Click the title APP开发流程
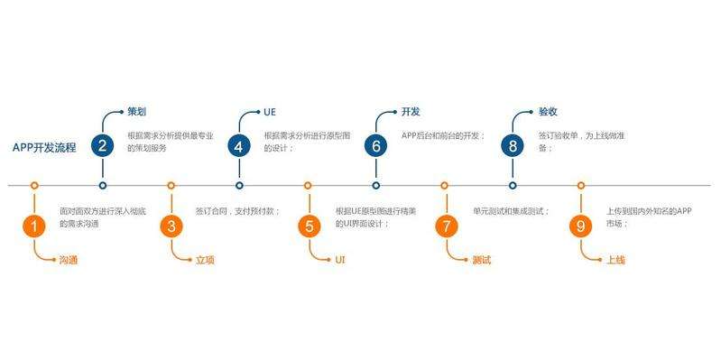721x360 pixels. click(x=44, y=146)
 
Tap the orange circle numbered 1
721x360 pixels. click(x=33, y=226)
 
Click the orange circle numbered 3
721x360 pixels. click(x=171, y=226)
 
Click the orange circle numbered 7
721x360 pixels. click(x=445, y=226)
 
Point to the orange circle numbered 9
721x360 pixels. click(x=581, y=226)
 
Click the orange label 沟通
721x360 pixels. click(x=69, y=260)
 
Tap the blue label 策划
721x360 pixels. click(x=136, y=113)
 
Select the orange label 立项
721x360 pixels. click(x=206, y=260)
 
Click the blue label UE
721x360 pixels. click(x=269, y=113)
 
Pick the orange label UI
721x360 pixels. click(x=340, y=260)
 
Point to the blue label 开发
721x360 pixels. click(x=411, y=113)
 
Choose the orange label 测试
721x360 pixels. click(x=480, y=260)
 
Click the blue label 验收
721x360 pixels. click(x=548, y=113)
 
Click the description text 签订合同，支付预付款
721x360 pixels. click(x=238, y=211)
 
